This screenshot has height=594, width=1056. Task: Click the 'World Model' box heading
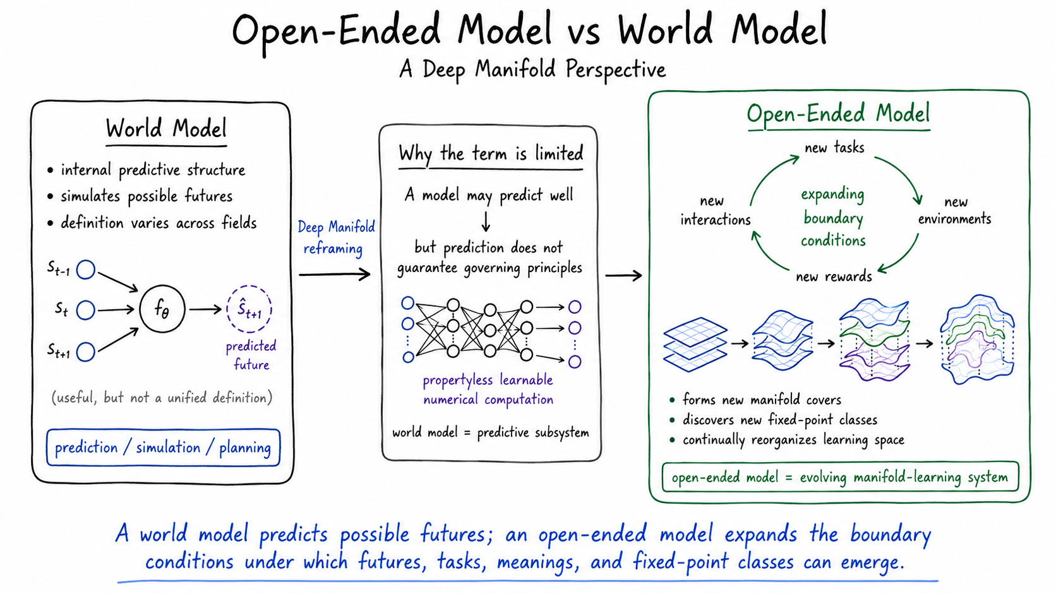(166, 128)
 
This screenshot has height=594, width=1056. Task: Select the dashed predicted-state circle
(249, 287)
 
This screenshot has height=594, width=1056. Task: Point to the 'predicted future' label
(251, 355)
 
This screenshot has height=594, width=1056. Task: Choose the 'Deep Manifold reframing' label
(335, 237)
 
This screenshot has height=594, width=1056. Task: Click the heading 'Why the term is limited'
(491, 154)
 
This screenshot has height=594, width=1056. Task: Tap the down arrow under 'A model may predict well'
(486, 222)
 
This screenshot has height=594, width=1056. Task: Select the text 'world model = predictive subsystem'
(490, 432)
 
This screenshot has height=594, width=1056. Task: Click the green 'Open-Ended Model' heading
(838, 114)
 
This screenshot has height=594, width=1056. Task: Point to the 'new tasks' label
(834, 148)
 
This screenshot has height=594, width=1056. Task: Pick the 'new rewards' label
(834, 276)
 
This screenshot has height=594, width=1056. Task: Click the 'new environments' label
(955, 210)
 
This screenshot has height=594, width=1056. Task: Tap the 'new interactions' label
(715, 210)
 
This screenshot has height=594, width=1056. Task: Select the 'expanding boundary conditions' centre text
(833, 217)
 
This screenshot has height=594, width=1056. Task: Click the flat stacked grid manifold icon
(695, 344)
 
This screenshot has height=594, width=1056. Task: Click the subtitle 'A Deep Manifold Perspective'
(532, 69)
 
